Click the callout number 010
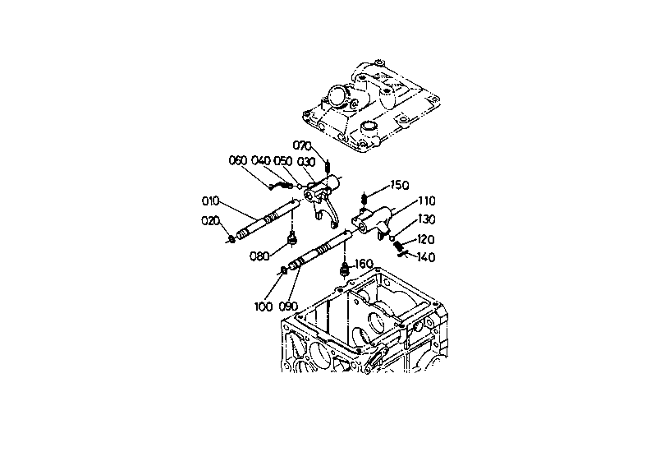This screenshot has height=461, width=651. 210,201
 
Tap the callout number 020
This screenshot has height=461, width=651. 210,221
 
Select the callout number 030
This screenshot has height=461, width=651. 306,161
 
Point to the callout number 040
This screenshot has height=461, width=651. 261,160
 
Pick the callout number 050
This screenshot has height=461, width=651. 283,161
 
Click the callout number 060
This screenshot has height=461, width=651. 238,160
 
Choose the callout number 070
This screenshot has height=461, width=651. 302,145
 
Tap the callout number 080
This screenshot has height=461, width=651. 259,256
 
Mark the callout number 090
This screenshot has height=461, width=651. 288,307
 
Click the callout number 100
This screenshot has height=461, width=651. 264,307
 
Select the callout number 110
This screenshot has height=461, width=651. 426,201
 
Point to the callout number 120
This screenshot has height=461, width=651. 425,239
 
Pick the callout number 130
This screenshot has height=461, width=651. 426,219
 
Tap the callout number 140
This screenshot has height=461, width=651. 426,257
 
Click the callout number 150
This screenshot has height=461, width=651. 400,185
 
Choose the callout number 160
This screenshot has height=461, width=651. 364,264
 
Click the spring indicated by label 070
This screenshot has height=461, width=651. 328,167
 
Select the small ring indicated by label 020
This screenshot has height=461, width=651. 232,239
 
